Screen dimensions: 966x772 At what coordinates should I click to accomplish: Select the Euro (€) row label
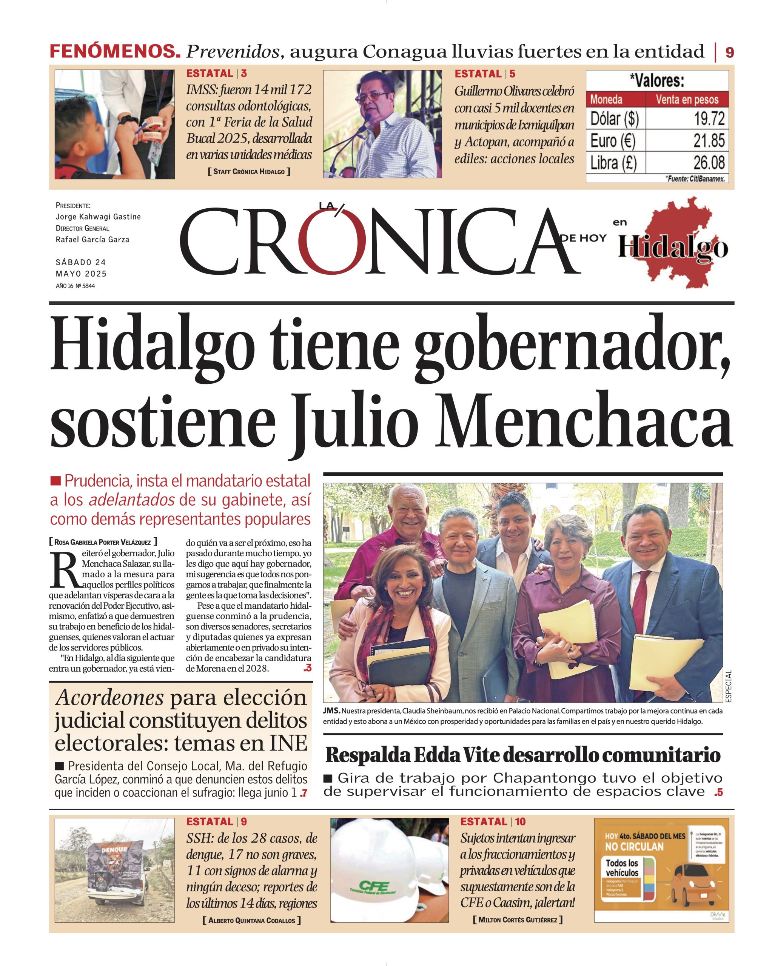[612, 141]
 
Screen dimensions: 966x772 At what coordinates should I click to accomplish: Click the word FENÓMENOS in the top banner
[115, 52]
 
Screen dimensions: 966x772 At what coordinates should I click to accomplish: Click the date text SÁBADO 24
[81, 262]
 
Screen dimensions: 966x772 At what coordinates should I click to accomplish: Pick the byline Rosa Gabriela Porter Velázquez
[103, 542]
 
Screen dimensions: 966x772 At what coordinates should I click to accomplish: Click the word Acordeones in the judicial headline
[110, 698]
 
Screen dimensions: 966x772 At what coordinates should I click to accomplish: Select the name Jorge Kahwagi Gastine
[98, 217]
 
